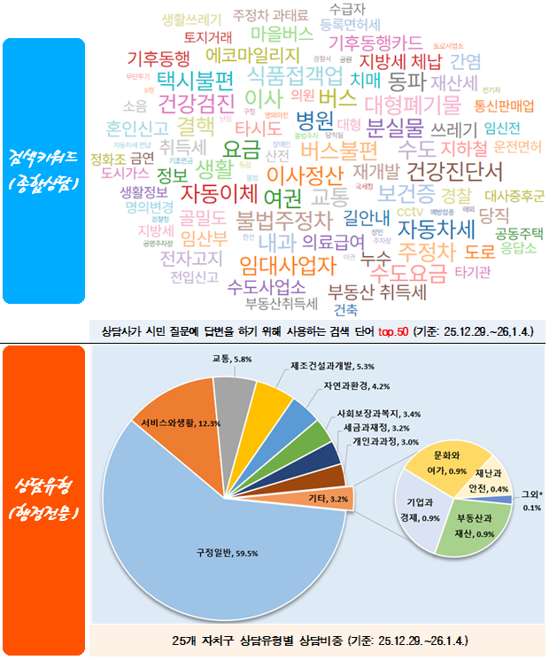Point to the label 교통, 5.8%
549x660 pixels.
(233, 359)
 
